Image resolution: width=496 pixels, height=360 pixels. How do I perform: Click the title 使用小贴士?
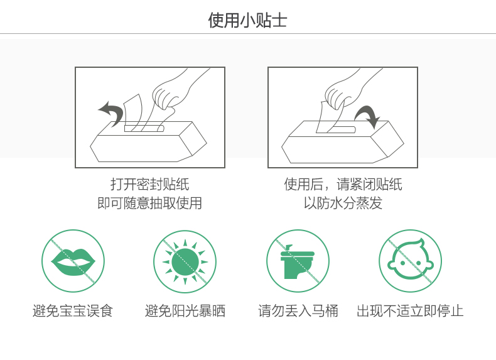tap(247, 20)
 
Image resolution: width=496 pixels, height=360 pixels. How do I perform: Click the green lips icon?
tap(73, 261)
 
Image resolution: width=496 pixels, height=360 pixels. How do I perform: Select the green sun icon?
tap(185, 261)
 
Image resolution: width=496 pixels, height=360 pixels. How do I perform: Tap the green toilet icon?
tap(298, 261)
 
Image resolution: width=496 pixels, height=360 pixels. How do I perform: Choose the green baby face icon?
tap(410, 260)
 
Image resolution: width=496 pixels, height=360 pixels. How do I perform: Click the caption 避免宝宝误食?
tap(73, 311)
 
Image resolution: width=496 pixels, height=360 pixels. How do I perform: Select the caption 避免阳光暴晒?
tap(185, 311)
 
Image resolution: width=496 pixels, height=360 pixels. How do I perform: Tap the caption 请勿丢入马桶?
tap(298, 311)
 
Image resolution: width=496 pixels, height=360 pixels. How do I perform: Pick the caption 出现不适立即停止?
tap(410, 311)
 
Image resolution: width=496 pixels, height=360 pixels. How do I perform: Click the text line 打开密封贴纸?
tap(150, 184)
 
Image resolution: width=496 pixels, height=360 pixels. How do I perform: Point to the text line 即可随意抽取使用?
tap(149, 203)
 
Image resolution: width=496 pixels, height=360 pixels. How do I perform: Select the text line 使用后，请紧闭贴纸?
tap(343, 184)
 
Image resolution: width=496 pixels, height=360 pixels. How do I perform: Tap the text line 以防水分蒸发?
tap(343, 203)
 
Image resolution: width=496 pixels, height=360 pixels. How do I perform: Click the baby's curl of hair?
tap(418, 243)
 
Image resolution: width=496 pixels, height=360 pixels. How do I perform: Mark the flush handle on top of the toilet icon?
tap(288, 248)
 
